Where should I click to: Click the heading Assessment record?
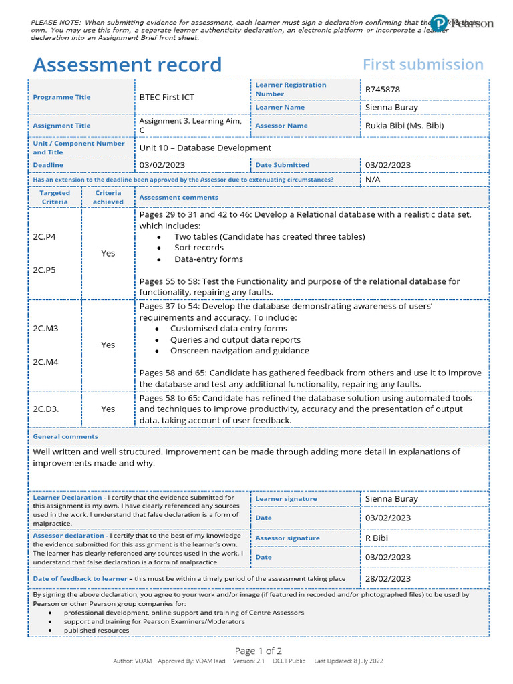(127, 65)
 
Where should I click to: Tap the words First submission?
(423, 65)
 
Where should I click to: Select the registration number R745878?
(383, 89)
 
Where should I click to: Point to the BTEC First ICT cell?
(166, 97)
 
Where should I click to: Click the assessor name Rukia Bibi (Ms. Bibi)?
(404, 125)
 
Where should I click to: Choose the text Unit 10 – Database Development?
(205, 148)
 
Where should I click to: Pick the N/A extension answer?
(373, 180)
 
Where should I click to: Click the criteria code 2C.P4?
(45, 236)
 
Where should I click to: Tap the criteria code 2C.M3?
(45, 328)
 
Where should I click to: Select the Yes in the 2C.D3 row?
(108, 409)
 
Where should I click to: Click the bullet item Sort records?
(199, 248)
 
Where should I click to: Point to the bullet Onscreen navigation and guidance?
(239, 351)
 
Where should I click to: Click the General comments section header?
(65, 436)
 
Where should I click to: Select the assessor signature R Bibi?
(376, 538)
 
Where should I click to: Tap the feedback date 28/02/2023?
(388, 578)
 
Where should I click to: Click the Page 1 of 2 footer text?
(259, 651)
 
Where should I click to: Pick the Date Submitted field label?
(282, 165)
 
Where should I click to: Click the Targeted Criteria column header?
(55, 197)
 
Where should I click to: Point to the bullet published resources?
(96, 630)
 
